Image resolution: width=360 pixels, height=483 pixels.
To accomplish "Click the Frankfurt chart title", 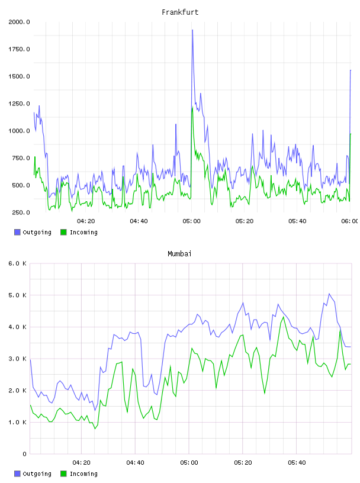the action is (x=180, y=12).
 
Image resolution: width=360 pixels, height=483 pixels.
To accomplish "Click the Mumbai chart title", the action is (x=179, y=254).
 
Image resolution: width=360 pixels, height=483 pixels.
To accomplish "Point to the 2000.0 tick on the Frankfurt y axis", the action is (x=19, y=22).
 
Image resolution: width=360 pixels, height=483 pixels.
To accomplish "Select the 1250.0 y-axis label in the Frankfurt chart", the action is (x=19, y=104).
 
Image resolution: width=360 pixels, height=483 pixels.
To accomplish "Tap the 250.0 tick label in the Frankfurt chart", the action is (x=21, y=212).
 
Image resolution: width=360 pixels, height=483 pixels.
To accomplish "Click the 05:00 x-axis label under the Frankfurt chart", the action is (x=191, y=221).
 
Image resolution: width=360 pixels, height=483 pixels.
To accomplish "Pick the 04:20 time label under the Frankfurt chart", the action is (x=86, y=221).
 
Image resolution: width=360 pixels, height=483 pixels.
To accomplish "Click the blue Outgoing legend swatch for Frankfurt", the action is (x=17, y=232).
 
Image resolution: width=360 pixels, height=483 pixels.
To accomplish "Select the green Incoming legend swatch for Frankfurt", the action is (x=63, y=232).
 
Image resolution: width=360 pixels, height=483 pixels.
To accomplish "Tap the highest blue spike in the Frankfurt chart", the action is (x=192, y=30).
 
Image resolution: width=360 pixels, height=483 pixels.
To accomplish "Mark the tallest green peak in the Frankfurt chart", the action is (x=192, y=108).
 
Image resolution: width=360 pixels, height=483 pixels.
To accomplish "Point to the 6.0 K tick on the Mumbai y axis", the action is (x=17, y=263).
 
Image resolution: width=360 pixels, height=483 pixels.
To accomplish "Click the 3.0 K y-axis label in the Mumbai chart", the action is (x=17, y=359).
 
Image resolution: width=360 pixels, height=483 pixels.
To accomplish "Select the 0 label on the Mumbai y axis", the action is (x=24, y=454).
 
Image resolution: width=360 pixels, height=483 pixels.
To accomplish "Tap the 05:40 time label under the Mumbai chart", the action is (x=297, y=463).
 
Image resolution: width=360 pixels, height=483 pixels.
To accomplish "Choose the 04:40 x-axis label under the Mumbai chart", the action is (x=136, y=463).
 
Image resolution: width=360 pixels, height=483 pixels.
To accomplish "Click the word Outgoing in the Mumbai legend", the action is (x=37, y=474).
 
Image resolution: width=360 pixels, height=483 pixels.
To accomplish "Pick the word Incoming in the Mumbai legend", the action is (x=83, y=474).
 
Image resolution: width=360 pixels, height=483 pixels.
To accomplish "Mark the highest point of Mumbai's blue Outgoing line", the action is (x=329, y=294).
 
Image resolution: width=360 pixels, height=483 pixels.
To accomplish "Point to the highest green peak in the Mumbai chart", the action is (x=283, y=317).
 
